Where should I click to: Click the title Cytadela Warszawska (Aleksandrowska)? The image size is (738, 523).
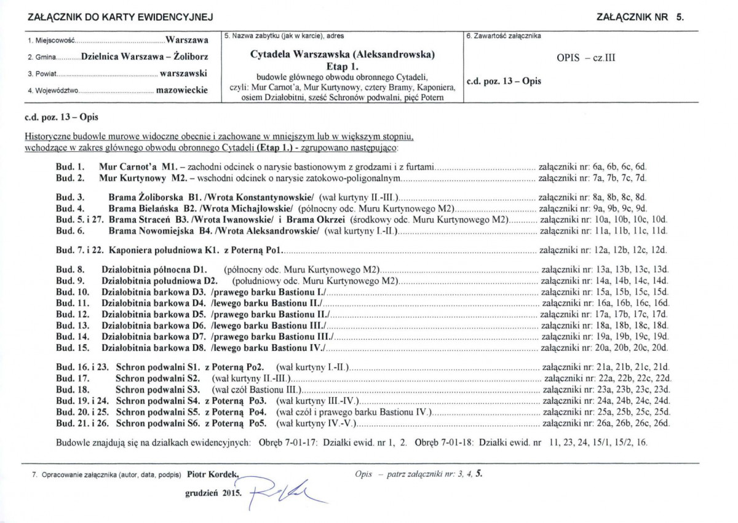[343, 54]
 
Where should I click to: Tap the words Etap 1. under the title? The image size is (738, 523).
[343, 66]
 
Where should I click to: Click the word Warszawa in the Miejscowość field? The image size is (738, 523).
[186, 41]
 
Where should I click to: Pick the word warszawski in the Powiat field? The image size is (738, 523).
[183, 74]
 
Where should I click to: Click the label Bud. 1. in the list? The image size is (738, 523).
[69, 167]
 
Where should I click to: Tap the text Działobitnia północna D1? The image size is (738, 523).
[154, 270]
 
